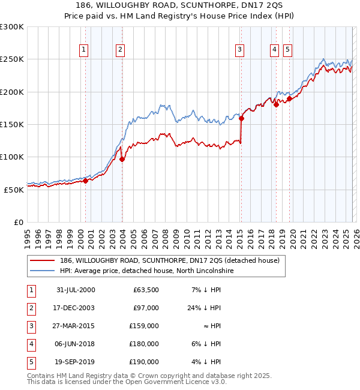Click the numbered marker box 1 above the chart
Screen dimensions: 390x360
[83, 50]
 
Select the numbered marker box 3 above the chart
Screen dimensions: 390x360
[239, 50]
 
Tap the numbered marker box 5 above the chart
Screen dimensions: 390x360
[287, 50]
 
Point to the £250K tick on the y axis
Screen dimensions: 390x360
[12, 59]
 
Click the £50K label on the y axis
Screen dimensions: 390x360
[14, 189]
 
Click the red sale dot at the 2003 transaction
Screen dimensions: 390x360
[122, 159]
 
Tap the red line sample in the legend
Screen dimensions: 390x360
[43, 261]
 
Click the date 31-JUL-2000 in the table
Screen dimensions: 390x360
[76, 290]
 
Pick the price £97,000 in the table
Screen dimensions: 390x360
[145, 308]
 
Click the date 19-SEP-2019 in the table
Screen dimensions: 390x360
[76, 362]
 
